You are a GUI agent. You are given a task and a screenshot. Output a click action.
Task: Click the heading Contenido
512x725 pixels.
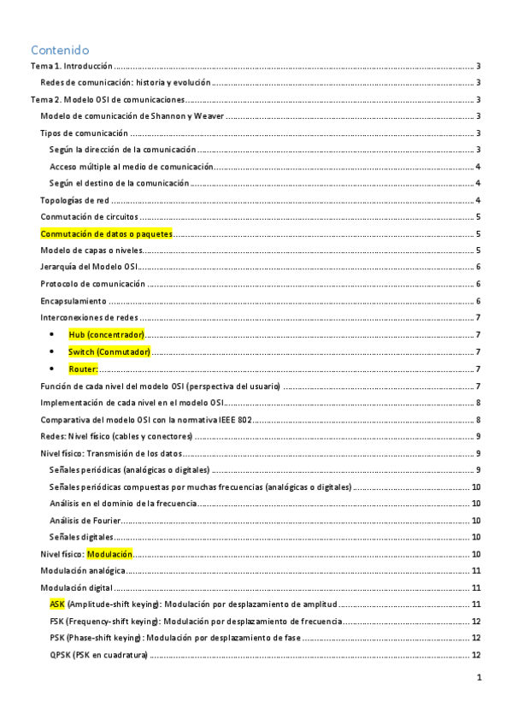click(x=59, y=50)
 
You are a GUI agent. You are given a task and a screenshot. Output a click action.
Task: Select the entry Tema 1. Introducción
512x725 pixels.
click(x=71, y=66)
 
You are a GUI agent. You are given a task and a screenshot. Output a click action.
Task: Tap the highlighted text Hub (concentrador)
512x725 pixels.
click(x=107, y=334)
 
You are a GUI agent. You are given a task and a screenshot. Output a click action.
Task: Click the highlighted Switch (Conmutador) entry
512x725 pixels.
click(x=109, y=351)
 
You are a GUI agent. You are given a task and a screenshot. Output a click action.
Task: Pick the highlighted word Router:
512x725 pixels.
click(x=84, y=368)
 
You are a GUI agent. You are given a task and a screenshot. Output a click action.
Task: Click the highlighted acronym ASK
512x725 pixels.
click(x=57, y=604)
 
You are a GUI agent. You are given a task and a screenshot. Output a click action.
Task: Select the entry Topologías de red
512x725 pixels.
click(x=74, y=200)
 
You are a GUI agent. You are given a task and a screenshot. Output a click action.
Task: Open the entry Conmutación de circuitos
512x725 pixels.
click(x=90, y=216)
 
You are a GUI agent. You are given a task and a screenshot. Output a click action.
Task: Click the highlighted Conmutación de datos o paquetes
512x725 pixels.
click(x=107, y=233)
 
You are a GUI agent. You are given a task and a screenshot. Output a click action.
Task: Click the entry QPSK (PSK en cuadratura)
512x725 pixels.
click(x=98, y=655)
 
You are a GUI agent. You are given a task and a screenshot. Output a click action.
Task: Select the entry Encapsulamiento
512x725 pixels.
click(x=74, y=301)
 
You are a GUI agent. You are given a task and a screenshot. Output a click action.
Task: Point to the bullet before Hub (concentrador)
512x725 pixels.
click(x=54, y=335)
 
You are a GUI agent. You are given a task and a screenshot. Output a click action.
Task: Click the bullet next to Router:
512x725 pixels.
click(x=54, y=368)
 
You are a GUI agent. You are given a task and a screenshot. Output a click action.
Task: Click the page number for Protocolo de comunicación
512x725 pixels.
click(x=480, y=284)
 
